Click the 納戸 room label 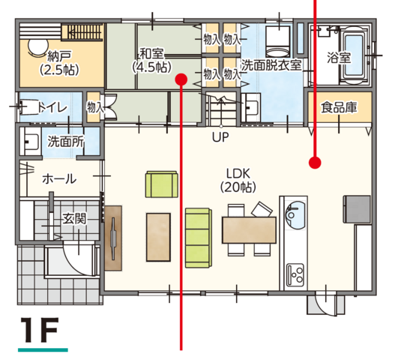click(60, 56)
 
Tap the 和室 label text click(152, 54)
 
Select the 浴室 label click(339, 58)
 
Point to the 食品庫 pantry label click(339, 107)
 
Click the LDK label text click(238, 174)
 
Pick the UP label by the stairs click(220, 137)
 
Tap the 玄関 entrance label click(74, 218)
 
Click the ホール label click(59, 179)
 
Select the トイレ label click(52, 108)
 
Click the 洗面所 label click(66, 142)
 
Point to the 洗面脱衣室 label click(271, 65)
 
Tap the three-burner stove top click(295, 275)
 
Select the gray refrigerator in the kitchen click(357, 209)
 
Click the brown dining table click(249, 230)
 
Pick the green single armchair click(162, 184)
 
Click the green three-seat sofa click(199, 238)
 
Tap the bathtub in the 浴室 click(354, 55)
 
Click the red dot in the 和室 click(181, 79)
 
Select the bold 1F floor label click(40, 330)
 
